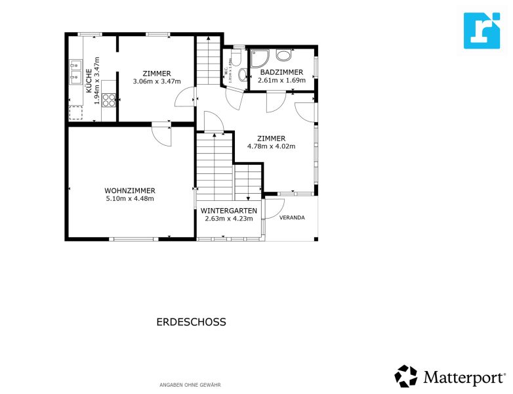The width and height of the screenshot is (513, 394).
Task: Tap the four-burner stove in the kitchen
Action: click(109, 100)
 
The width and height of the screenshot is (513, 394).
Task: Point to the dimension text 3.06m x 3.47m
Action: click(156, 81)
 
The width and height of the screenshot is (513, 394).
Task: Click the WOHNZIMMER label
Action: click(129, 190)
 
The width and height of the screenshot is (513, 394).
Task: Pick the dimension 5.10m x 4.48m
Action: click(129, 198)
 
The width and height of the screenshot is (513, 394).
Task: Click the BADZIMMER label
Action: click(281, 72)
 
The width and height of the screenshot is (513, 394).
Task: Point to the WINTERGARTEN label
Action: click(228, 210)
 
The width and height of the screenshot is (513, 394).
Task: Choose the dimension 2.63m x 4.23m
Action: click(228, 218)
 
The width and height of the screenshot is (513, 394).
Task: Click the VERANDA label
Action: click(292, 217)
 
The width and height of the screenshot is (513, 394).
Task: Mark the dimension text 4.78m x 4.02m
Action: click(271, 146)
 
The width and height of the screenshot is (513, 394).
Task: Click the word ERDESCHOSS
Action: click(191, 322)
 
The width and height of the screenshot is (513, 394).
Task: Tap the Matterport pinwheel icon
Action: click(405, 376)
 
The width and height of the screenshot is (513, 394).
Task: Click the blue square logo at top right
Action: click(482, 30)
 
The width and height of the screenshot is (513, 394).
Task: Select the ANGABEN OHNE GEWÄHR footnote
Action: click(190, 384)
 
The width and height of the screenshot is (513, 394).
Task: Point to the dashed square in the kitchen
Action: click(77, 113)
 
